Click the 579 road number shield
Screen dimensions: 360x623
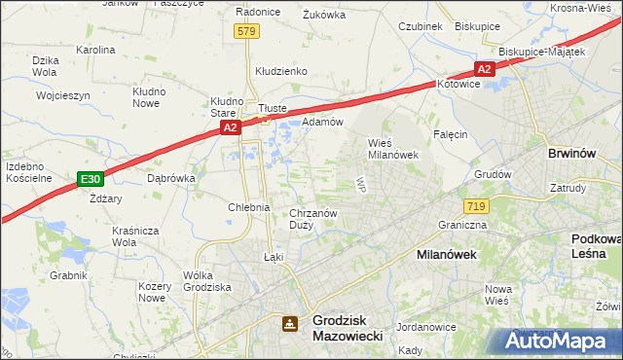[246, 32]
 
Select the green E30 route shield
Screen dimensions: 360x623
[91, 179]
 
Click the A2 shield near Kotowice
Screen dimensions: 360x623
[485, 69]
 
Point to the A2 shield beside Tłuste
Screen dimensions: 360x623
[230, 127]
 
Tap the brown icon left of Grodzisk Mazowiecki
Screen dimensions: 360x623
[290, 323]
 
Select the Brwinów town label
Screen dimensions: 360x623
[572, 154]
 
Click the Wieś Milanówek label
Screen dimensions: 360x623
[391, 148]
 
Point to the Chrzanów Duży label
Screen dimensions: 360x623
[312, 218]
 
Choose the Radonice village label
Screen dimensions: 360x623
[259, 12]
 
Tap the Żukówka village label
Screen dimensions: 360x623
[325, 15]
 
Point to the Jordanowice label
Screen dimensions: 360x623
[426, 327]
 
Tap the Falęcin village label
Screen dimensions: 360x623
[451, 133]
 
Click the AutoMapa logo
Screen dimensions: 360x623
[560, 342]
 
